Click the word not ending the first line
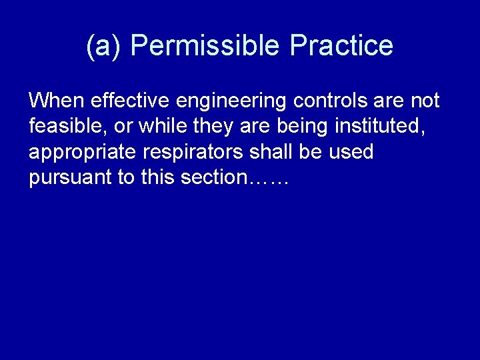pyautogui.click(x=424, y=101)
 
